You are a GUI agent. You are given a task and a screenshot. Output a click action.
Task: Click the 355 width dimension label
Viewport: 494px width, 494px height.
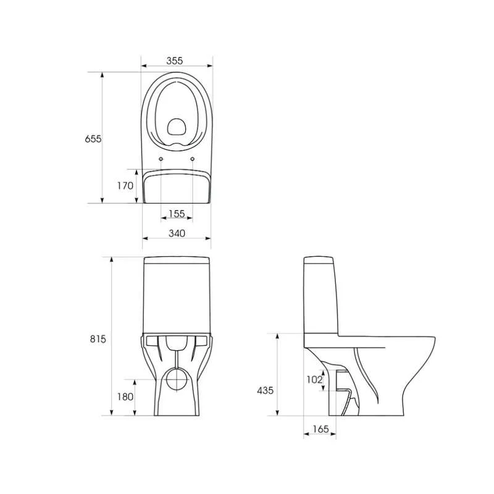175,61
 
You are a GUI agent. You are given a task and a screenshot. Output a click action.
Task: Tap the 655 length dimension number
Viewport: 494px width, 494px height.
93,138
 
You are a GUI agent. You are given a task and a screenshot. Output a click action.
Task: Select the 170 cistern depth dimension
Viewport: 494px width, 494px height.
125,186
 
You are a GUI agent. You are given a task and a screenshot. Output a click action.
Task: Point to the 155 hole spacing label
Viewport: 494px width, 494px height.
177,214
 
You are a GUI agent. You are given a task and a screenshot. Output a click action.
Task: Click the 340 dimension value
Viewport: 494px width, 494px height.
177,233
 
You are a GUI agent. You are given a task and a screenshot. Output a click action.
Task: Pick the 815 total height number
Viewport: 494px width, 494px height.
98,339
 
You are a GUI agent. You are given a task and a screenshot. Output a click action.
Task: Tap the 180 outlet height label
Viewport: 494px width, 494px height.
125,396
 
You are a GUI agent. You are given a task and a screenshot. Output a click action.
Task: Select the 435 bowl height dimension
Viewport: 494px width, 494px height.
266,391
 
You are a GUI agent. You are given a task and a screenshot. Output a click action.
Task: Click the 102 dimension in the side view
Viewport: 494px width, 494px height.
314,380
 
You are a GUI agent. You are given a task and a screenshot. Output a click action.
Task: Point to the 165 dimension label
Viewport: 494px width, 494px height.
320,429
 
